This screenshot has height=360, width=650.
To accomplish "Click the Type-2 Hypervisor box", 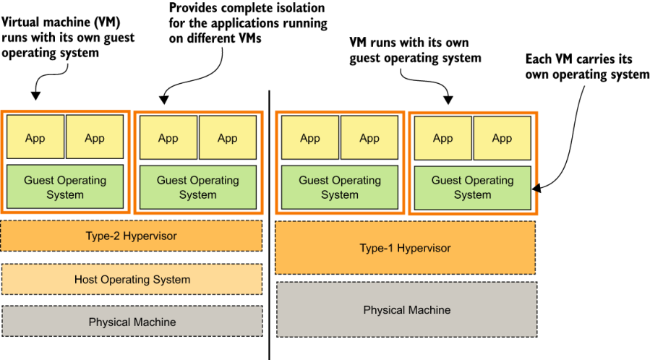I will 132,236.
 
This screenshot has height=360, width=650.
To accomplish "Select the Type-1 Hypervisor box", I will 405,248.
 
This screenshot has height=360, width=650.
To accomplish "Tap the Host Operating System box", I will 132,279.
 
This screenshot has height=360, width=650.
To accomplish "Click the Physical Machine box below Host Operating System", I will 132,322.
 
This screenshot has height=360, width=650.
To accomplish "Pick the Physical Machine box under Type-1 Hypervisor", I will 406,309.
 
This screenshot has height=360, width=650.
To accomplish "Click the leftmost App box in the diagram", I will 35,138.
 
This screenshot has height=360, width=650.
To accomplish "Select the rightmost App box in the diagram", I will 502,138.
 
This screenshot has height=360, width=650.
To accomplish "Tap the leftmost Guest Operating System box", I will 65,187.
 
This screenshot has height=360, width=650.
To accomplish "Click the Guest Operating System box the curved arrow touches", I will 472,187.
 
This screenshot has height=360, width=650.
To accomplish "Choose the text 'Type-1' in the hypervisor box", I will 377,248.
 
